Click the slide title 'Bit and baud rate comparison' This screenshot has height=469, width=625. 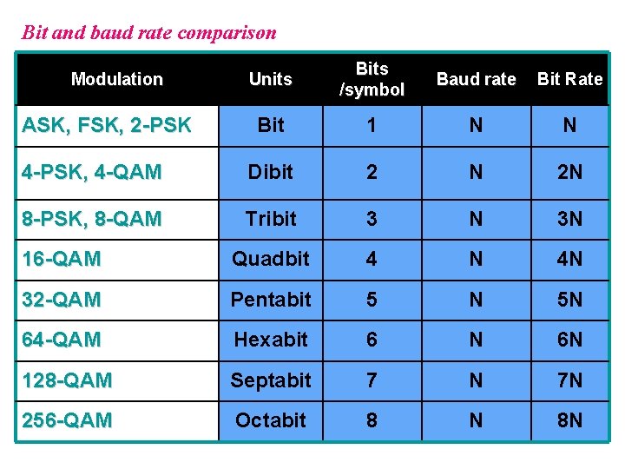[148, 33]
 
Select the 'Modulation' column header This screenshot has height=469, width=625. [116, 79]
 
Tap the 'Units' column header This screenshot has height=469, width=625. [270, 79]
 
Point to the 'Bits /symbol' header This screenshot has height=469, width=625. [372, 79]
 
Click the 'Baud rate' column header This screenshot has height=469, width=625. [476, 79]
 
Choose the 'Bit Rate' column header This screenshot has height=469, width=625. [569, 79]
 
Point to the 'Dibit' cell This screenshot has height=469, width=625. [270, 172]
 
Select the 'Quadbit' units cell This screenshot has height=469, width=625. [270, 259]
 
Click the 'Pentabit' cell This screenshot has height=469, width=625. [270, 300]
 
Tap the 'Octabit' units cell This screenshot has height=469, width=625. [270, 420]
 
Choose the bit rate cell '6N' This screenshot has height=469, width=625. [569, 340]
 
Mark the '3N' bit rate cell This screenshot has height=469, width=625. [569, 219]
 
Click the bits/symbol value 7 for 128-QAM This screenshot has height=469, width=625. [372, 380]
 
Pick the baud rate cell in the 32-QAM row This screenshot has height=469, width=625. [476, 300]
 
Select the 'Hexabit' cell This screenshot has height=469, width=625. [270, 340]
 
